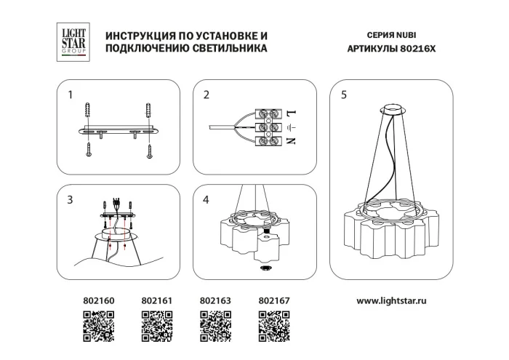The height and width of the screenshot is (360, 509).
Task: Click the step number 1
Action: [71, 95]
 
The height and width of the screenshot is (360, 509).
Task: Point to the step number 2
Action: [207, 95]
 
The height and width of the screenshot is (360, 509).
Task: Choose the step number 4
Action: [207, 200]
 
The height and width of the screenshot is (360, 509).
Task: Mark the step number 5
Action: [343, 95]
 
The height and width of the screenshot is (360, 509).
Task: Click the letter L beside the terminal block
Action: [289, 113]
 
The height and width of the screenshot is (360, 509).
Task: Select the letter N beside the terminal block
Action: [289, 140]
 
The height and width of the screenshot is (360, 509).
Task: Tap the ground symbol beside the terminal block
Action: [289, 127]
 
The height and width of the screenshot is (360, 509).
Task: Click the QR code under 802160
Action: [98, 326]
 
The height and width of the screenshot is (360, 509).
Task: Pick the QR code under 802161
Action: [156, 326]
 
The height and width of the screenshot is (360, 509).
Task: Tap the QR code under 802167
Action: [275, 326]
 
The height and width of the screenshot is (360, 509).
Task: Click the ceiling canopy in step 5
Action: [396, 111]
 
